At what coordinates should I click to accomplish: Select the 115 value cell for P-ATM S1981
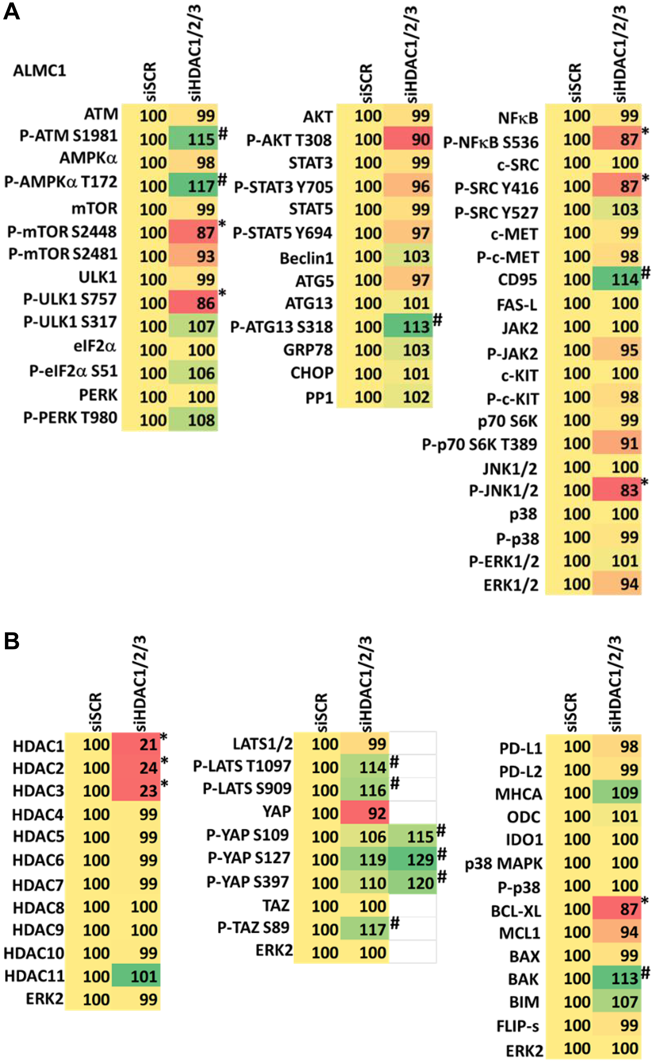pyautogui.click(x=193, y=139)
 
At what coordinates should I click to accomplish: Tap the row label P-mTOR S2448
pyautogui.click(x=62, y=232)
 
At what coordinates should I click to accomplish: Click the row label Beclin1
pyautogui.click(x=306, y=258)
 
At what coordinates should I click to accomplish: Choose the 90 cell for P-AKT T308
pyautogui.click(x=408, y=140)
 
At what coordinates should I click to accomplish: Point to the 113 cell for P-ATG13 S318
pyautogui.click(x=408, y=327)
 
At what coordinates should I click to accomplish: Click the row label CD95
pyautogui.click(x=518, y=280)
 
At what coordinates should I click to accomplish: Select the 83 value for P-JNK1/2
pyautogui.click(x=617, y=491)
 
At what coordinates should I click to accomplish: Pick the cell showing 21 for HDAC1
pyautogui.click(x=136, y=745)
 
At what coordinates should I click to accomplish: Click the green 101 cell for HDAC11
pyautogui.click(x=136, y=977)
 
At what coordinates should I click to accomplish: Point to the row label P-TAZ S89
pyautogui.click(x=253, y=927)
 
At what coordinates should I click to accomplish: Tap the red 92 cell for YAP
pyautogui.click(x=365, y=813)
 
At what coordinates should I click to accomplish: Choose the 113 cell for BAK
pyautogui.click(x=617, y=978)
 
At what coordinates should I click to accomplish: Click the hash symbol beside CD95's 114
pyautogui.click(x=646, y=273)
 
